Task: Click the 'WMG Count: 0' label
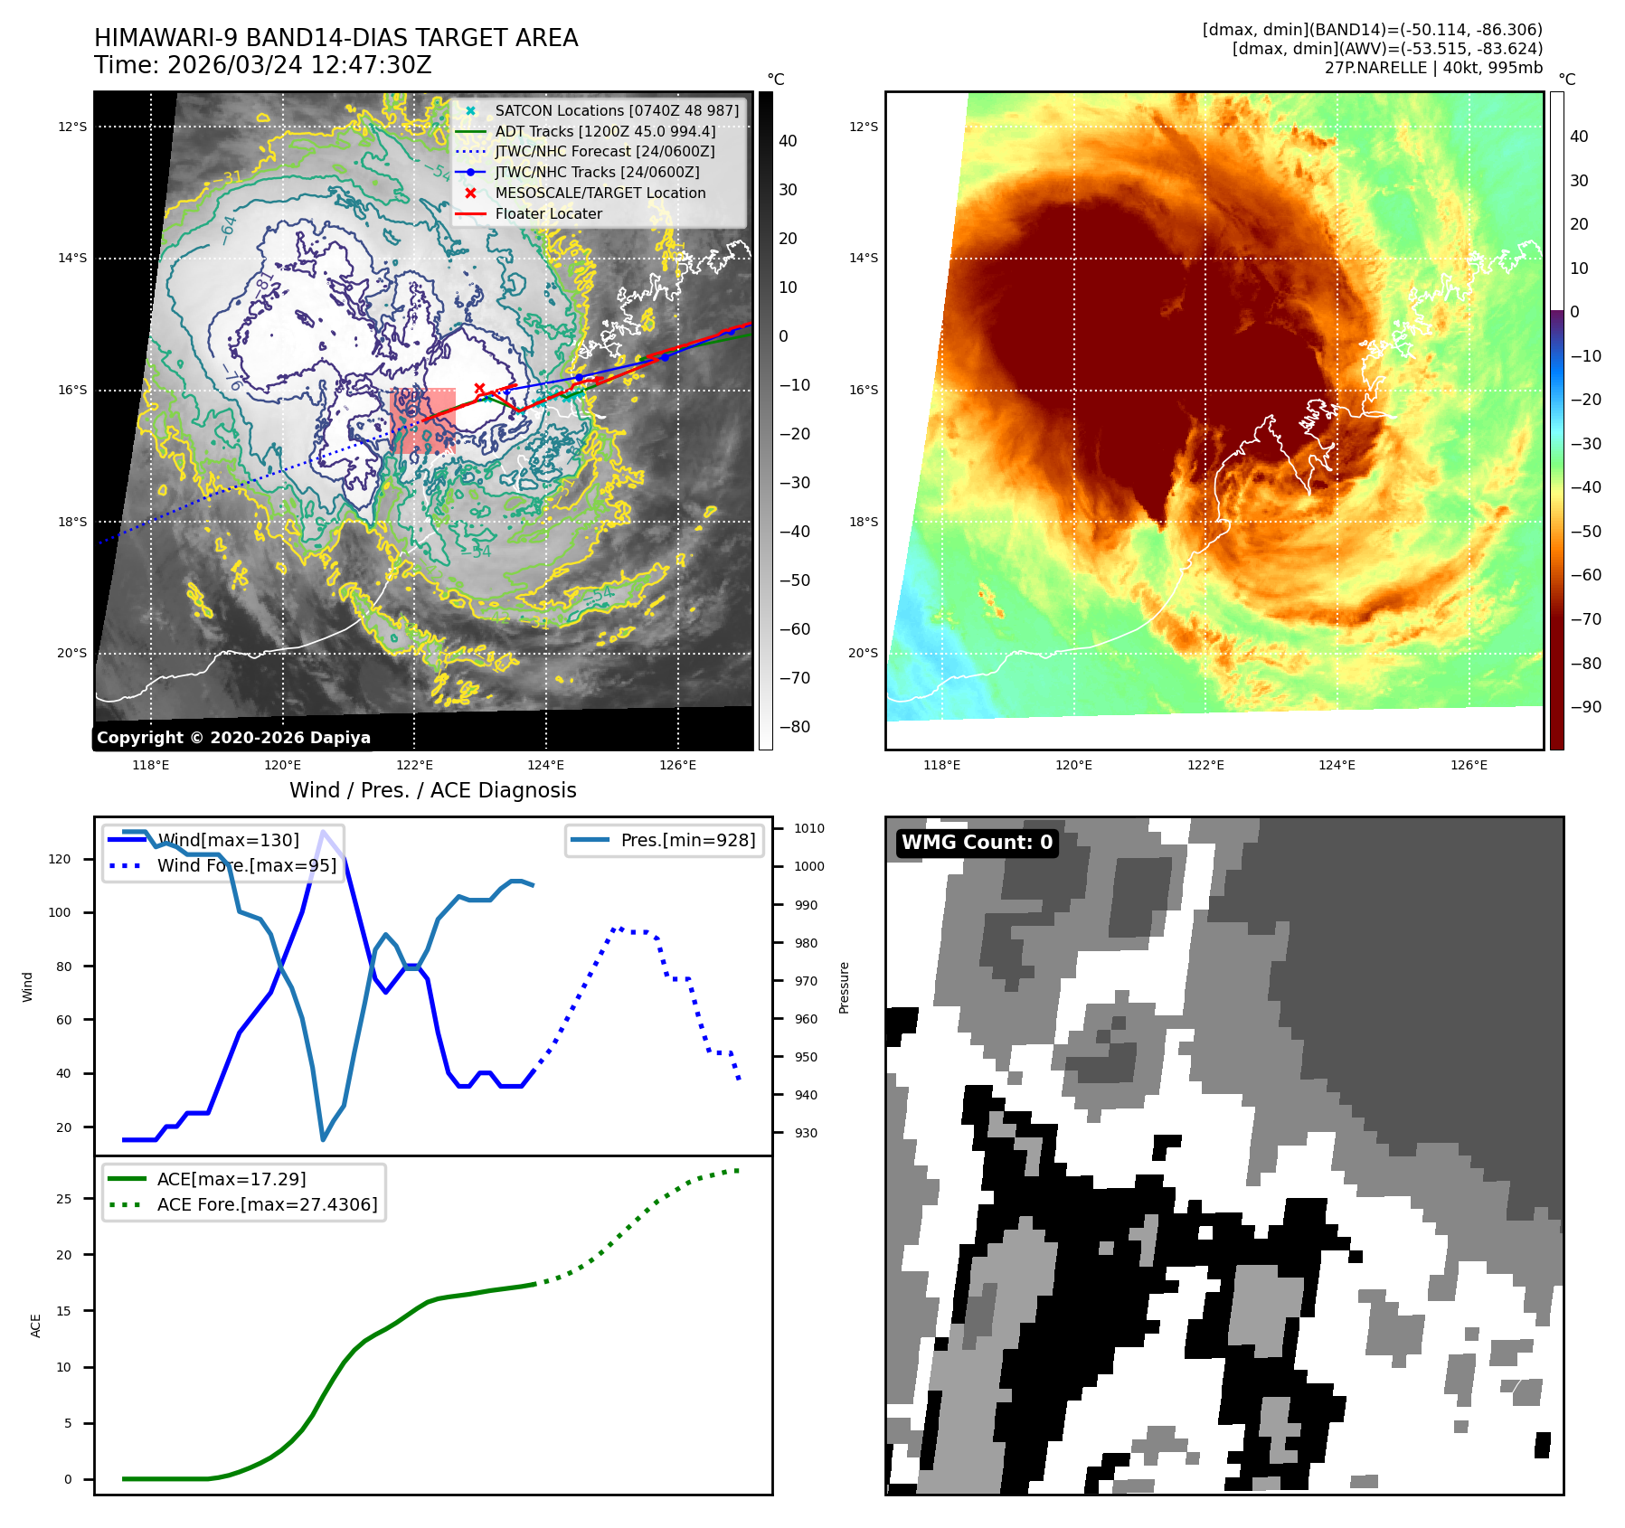point(977,843)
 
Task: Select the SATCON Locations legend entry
point(616,110)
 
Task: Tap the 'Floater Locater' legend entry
point(548,213)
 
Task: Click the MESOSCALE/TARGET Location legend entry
point(600,193)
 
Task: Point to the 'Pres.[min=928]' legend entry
point(687,840)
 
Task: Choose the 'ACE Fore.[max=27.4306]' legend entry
point(267,1204)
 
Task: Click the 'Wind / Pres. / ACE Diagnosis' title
point(432,790)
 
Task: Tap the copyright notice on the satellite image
point(233,738)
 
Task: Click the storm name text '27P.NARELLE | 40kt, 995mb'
point(1433,68)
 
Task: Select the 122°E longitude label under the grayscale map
point(414,765)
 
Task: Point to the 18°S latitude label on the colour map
point(863,522)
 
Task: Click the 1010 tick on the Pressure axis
point(808,828)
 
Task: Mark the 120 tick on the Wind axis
point(60,859)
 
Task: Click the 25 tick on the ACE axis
point(63,1199)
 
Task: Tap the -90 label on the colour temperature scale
point(1585,707)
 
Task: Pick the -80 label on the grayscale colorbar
point(795,727)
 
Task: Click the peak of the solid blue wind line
point(323,832)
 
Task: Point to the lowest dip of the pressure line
point(323,1139)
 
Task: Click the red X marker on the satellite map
point(479,389)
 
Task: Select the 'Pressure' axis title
point(844,987)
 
